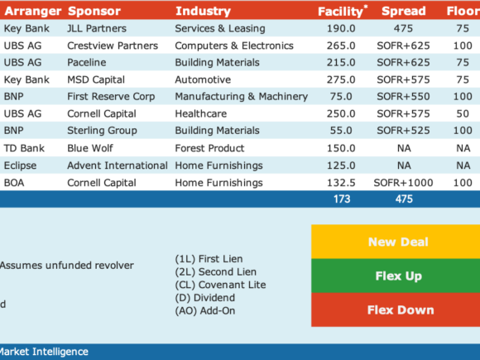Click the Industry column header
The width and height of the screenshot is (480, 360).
(203, 11)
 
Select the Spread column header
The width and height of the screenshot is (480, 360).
(404, 11)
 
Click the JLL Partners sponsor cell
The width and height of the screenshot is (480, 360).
(97, 28)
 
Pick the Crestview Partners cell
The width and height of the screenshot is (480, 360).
(113, 46)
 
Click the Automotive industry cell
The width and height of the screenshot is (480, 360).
(203, 79)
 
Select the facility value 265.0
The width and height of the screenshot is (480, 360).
(341, 46)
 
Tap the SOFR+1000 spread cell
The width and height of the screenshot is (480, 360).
(403, 183)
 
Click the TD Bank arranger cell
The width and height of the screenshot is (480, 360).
(24, 148)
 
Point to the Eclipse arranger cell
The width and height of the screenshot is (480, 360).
(20, 166)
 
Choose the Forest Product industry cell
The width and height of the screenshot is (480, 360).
(209, 148)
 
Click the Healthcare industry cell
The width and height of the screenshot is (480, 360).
(201, 113)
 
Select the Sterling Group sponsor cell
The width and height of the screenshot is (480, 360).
(102, 131)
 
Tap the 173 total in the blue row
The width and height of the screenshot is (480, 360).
(342, 199)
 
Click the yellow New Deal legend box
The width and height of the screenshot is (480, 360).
(396, 242)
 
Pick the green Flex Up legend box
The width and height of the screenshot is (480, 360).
(396, 276)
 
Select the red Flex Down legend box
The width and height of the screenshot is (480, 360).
(396, 310)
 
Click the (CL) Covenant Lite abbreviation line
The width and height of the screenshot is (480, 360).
(220, 285)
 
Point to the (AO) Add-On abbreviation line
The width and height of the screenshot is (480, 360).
(205, 310)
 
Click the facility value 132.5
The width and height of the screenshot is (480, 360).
(341, 183)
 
